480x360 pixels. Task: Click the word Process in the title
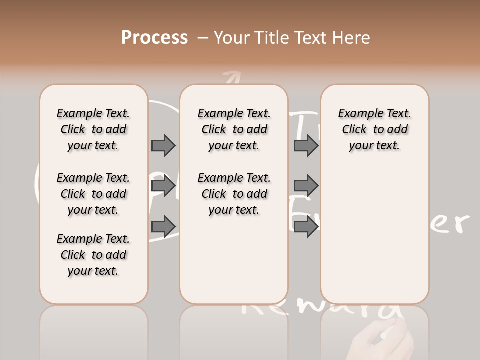pyautogui.click(x=154, y=37)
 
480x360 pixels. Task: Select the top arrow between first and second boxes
pyautogui.click(x=163, y=145)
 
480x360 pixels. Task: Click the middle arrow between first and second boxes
pyautogui.click(x=163, y=186)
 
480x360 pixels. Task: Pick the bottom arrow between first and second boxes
pyautogui.click(x=163, y=226)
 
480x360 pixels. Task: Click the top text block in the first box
pyautogui.click(x=93, y=129)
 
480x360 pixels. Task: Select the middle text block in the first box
pyautogui.click(x=93, y=194)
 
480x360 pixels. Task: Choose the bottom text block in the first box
pyautogui.click(x=93, y=255)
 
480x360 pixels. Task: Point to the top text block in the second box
pyautogui.click(x=234, y=129)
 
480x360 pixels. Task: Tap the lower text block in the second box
pyautogui.click(x=234, y=194)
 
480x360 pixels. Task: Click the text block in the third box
pyautogui.click(x=374, y=129)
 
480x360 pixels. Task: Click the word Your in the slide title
pyautogui.click(x=232, y=37)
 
